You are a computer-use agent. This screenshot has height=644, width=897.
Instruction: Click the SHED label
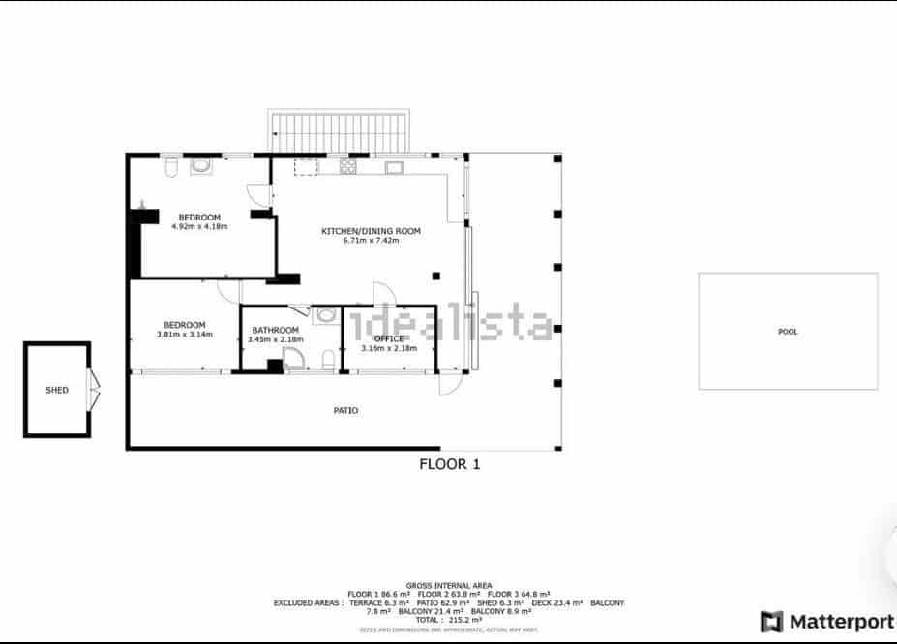[x=57, y=390]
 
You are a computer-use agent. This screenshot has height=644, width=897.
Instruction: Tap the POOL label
[x=788, y=332]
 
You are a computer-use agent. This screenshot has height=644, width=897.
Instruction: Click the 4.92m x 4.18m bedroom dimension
[x=199, y=226]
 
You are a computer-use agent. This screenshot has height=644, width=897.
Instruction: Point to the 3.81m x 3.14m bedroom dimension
[x=184, y=335]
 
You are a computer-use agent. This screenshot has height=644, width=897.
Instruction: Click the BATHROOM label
[x=275, y=330]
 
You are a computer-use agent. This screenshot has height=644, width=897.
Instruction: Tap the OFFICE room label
[x=389, y=338]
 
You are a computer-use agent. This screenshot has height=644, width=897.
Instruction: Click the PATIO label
[x=345, y=410]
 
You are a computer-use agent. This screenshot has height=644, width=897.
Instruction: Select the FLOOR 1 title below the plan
[x=449, y=464]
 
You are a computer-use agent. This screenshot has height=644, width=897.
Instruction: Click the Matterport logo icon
[x=771, y=621]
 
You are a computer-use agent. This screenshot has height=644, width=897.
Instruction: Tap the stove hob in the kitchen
[x=348, y=166]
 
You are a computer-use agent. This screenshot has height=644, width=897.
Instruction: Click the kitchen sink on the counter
[x=394, y=167]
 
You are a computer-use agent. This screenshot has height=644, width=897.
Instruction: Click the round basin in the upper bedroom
[x=201, y=166]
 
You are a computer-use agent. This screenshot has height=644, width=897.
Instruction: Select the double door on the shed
[x=94, y=389]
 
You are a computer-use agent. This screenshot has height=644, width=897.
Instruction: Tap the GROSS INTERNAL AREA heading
[x=449, y=586]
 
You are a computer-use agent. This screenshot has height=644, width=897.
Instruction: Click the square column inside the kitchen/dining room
[x=436, y=277]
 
